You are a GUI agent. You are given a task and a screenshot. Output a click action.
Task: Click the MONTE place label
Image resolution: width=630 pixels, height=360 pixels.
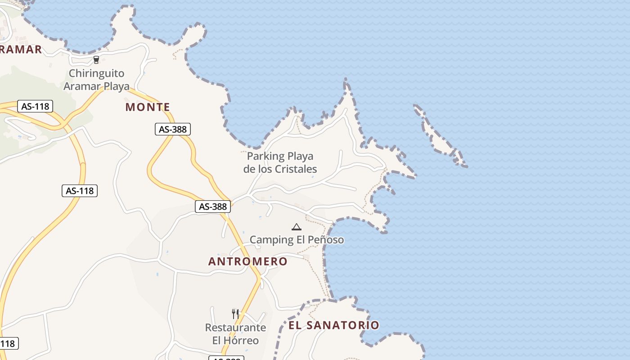pos(148,107)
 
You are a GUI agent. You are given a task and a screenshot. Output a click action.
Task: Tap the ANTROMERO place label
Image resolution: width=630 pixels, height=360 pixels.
pos(247,261)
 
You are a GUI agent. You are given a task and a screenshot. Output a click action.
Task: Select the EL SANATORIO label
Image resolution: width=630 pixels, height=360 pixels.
pos(333,325)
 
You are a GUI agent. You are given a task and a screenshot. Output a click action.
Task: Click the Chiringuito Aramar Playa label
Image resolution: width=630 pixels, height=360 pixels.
pos(96,80)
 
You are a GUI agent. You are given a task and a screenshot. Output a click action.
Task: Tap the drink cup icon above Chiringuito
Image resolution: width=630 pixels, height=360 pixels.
pos(96,60)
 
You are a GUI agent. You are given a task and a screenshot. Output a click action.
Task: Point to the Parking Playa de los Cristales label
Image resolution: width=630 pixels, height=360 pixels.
pos(280,162)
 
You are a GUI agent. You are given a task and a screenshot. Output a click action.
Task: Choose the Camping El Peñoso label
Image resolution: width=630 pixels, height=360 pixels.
pos(297,239)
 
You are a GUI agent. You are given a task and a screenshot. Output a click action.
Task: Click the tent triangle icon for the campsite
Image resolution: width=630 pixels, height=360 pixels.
pos(296,227)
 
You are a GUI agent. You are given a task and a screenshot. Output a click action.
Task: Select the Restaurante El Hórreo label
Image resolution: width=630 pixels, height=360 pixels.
pos(235,333)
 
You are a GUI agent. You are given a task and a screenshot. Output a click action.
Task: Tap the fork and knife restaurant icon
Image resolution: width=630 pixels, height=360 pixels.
pos(235,314)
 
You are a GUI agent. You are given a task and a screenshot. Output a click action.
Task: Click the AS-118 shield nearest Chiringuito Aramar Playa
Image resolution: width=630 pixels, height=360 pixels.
pos(35,107)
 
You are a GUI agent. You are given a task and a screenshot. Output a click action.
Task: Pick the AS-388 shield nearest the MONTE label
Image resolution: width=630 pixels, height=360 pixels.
pos(173,129)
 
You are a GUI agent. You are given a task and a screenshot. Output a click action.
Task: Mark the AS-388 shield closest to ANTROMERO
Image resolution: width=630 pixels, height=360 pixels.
pos(213,207)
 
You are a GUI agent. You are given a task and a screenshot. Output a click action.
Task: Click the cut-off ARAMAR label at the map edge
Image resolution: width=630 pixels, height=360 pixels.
pos(20,49)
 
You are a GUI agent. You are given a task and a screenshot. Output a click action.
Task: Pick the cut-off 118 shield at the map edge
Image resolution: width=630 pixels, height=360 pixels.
pos(8,344)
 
